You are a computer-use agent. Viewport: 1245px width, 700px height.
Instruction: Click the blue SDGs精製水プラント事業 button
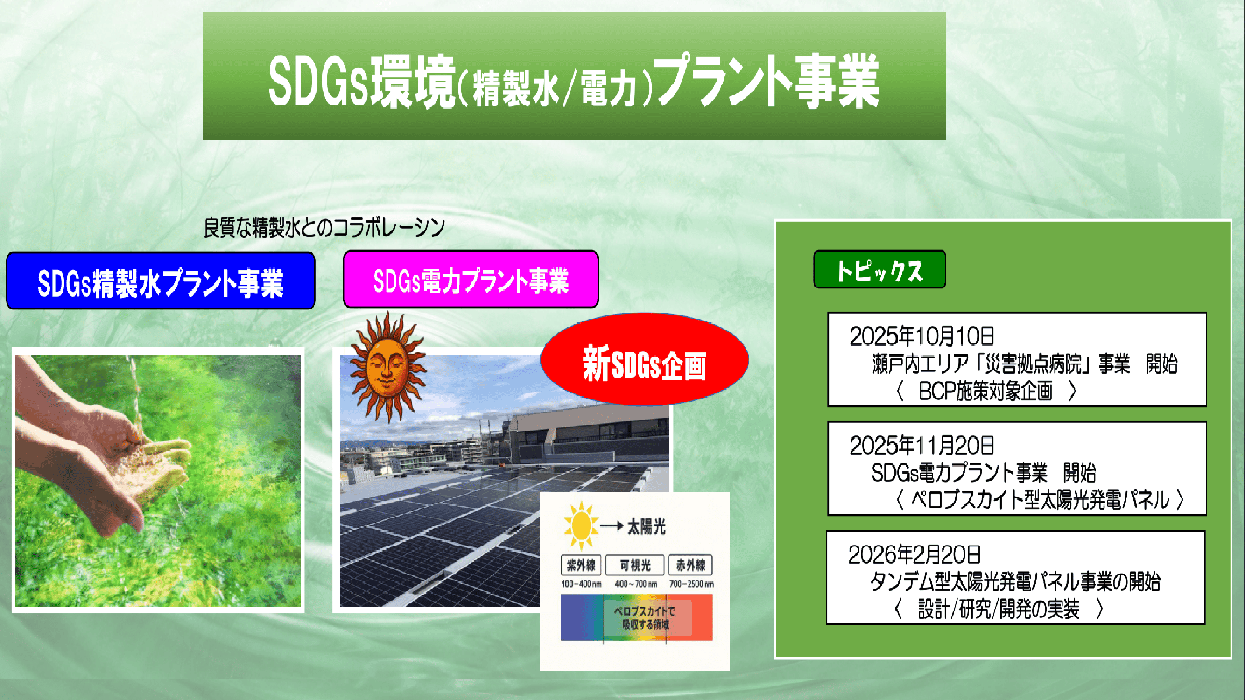click(161, 281)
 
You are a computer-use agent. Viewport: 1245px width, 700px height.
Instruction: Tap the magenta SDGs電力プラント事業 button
click(471, 280)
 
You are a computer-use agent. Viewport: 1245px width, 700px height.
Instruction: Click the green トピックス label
click(879, 270)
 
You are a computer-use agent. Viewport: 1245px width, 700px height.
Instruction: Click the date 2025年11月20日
click(921, 445)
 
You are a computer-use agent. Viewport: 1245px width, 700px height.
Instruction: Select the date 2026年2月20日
click(914, 554)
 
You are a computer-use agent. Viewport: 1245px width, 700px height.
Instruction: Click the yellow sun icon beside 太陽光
click(580, 525)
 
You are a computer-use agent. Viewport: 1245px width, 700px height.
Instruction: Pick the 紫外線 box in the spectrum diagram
click(581, 565)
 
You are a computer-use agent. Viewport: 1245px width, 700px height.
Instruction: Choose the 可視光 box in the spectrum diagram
click(635, 565)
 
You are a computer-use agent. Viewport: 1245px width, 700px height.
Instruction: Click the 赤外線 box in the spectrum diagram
click(690, 565)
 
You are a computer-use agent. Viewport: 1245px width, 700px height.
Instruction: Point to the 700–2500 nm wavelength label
click(691, 584)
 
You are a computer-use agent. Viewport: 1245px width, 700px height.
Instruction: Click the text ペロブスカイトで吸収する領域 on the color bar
click(645, 618)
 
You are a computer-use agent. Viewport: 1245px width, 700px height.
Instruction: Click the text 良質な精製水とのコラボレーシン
click(324, 228)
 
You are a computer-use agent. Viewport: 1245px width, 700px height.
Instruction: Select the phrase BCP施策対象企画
click(985, 391)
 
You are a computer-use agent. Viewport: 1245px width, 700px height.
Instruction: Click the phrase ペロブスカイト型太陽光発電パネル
click(1039, 499)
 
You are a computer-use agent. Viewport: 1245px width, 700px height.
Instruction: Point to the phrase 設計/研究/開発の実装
click(998, 609)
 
